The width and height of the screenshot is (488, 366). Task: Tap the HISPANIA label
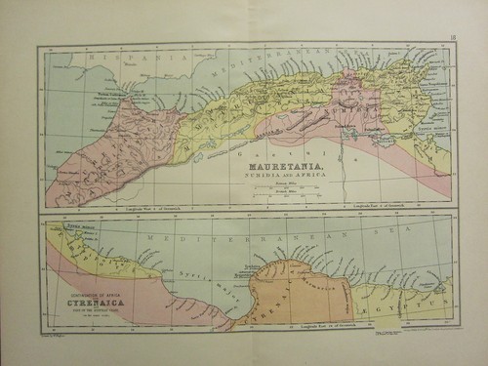[x=111, y=60]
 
